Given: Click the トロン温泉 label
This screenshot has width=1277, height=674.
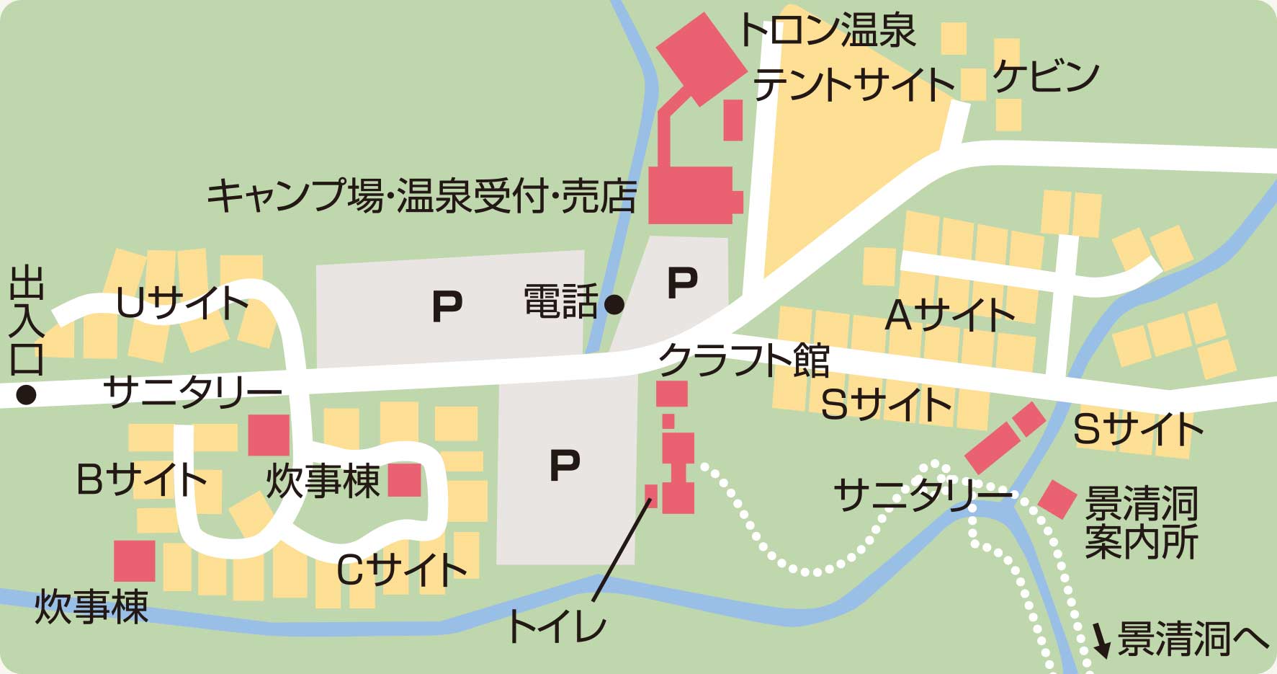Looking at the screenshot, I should [x=827, y=30].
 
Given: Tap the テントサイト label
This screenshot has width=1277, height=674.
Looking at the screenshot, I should [x=853, y=84].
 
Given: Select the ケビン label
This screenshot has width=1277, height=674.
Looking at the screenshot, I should [x=1046, y=76].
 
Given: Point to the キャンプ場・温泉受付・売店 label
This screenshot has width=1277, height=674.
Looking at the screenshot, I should [x=422, y=195].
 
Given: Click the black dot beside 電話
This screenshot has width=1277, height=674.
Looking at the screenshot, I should [x=614, y=305].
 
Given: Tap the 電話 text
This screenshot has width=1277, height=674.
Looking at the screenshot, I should [x=560, y=301].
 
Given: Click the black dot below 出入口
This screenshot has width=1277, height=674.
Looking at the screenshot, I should [x=27, y=395].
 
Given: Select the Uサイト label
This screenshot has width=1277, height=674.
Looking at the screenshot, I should [x=182, y=303].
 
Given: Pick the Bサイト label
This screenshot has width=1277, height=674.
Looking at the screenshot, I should [x=141, y=479].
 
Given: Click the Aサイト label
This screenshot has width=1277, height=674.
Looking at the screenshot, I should [x=949, y=315].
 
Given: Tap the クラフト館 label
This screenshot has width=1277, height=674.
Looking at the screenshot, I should [x=745, y=360].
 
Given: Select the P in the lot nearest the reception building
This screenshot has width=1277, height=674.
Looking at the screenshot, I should [x=682, y=282].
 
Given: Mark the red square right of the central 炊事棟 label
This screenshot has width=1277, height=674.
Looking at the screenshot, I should [x=404, y=480].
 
